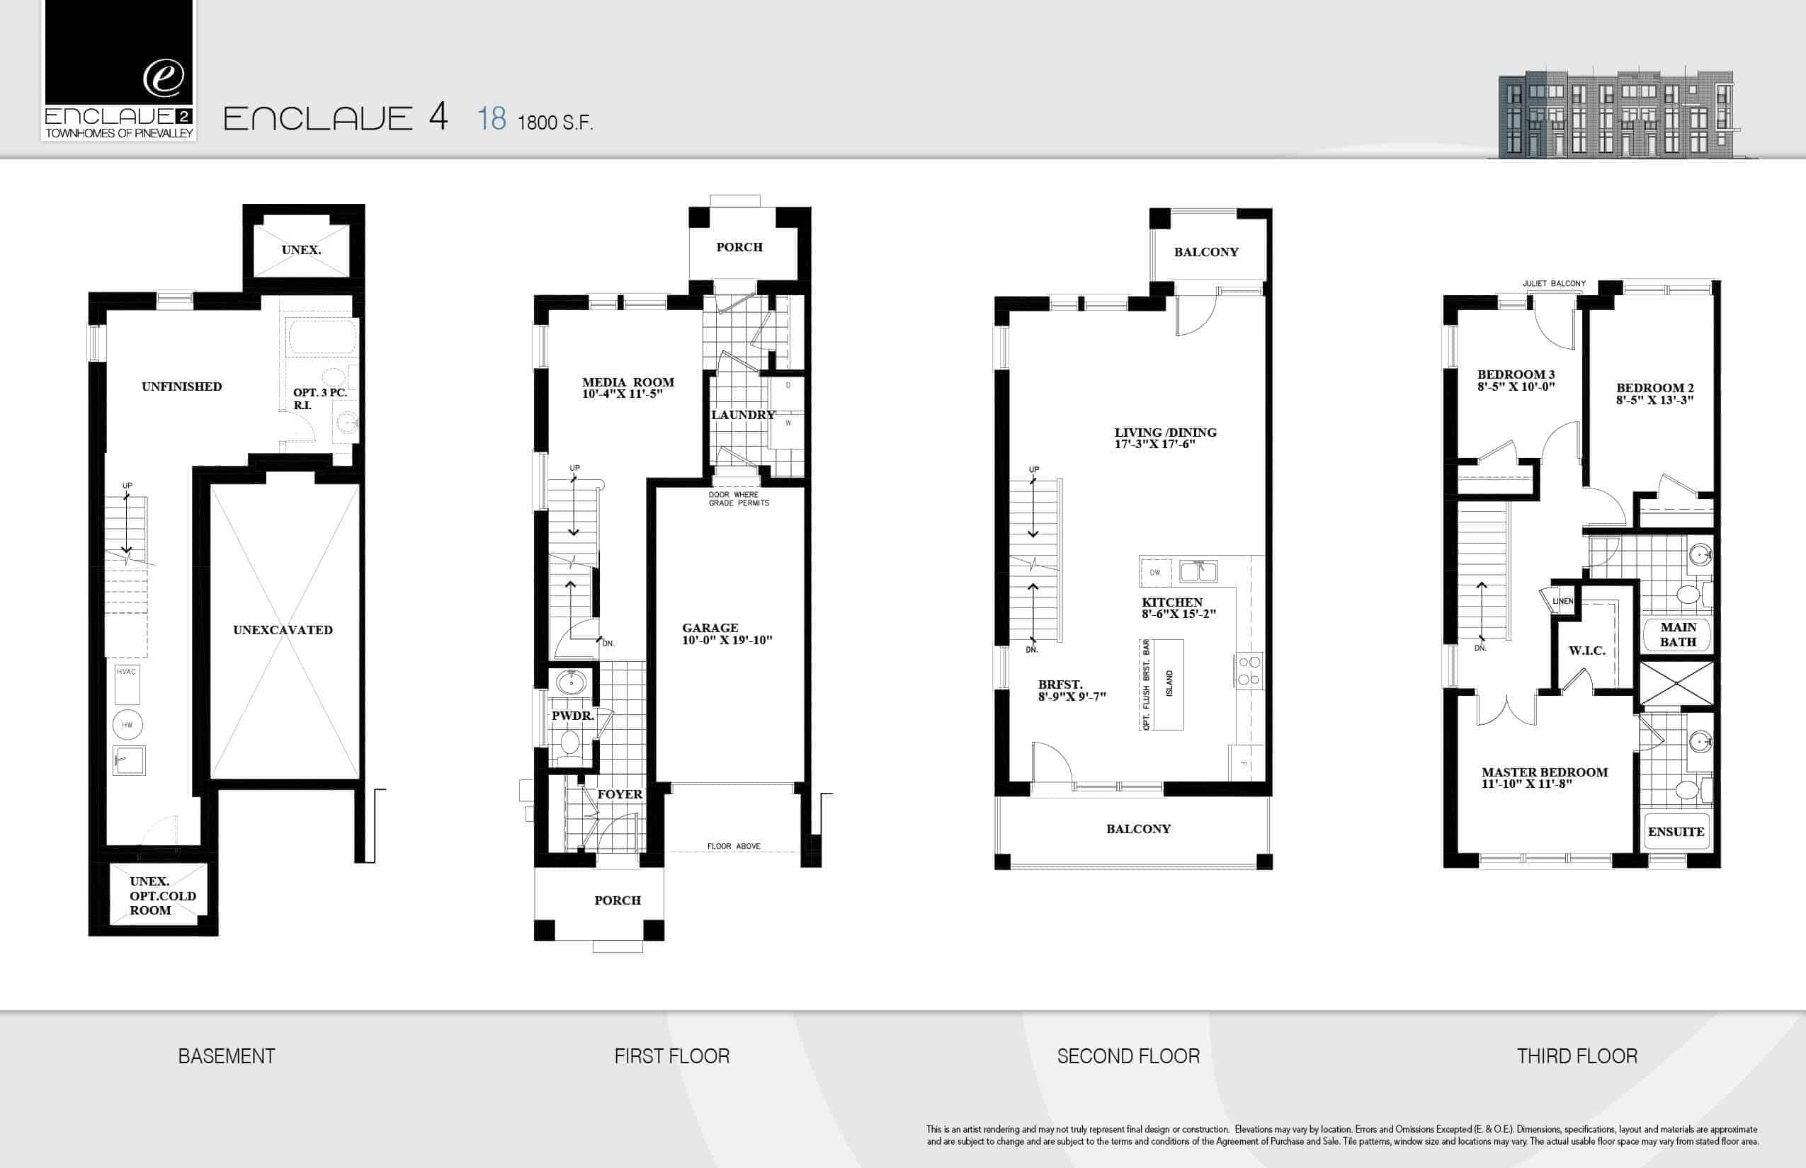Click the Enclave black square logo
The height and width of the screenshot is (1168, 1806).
[119, 52]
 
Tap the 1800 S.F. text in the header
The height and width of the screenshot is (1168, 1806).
[555, 122]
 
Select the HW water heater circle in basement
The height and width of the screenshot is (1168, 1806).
[127, 725]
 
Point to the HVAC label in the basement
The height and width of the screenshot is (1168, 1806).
[126, 671]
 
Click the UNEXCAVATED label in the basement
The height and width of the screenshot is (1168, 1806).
[283, 629]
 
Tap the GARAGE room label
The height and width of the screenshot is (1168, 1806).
[710, 627]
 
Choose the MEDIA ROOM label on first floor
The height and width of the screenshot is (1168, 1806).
[628, 382]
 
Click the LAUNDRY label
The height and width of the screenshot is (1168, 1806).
[744, 415]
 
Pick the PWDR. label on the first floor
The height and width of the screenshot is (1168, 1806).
[573, 716]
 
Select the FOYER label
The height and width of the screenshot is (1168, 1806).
[620, 794]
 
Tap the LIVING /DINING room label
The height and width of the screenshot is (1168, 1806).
[1166, 433]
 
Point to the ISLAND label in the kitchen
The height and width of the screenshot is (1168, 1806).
[1169, 684]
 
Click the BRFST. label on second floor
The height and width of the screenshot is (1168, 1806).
[1060, 684]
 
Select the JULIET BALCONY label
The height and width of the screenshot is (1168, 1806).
[1554, 284]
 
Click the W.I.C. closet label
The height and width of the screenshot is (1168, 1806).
[1586, 651]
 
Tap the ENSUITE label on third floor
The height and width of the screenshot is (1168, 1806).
[1676, 832]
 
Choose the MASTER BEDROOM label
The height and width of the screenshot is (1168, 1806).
[1545, 772]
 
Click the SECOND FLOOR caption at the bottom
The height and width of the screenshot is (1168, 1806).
[1128, 1055]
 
